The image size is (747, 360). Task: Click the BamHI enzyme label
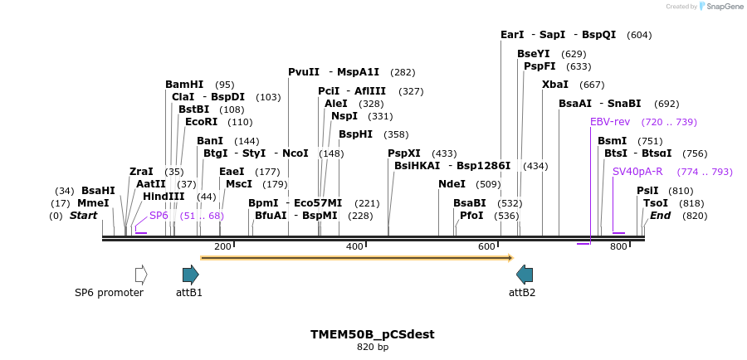tap(184, 85)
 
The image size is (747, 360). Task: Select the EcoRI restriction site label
tap(202, 122)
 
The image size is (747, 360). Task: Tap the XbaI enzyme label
tap(555, 85)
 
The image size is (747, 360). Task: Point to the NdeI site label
tap(452, 184)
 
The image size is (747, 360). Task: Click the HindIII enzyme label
tap(164, 197)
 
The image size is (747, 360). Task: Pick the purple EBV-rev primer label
tap(610, 122)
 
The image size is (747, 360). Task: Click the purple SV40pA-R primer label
tap(637, 172)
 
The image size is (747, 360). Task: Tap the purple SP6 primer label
tap(159, 216)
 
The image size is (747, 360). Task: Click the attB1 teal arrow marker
tap(191, 275)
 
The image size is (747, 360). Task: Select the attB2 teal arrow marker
tap(525, 275)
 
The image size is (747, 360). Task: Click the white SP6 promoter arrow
tap(141, 275)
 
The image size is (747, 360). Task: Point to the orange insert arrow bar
tap(357, 258)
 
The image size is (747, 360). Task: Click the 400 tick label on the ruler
tap(354, 246)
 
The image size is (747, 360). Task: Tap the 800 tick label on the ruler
tap(618, 246)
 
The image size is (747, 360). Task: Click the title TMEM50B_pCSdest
tap(372, 334)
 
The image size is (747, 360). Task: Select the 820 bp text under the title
tap(372, 347)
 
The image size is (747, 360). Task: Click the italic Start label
tap(83, 216)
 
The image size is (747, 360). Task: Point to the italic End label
tap(661, 216)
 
